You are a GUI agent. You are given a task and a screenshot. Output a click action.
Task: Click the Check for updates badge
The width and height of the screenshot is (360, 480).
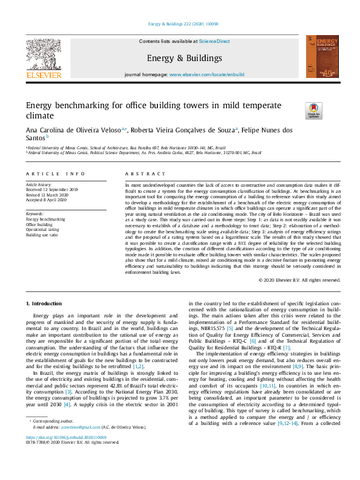point(314,110)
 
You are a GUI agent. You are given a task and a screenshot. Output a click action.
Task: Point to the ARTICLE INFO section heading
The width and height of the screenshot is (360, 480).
point(51,173)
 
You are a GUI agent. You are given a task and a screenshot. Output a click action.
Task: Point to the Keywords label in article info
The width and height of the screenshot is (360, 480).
point(34,214)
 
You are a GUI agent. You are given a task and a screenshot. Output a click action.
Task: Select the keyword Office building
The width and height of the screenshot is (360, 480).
point(40,224)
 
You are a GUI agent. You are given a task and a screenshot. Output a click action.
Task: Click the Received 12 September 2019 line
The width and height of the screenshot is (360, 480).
point(51,189)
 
